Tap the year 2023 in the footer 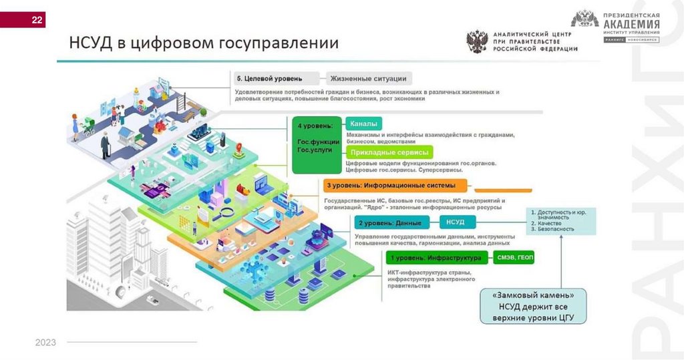point(45,343)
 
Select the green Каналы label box point(363,124)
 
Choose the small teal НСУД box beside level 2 point(455,222)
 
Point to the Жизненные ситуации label point(369,78)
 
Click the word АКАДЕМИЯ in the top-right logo point(631,25)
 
